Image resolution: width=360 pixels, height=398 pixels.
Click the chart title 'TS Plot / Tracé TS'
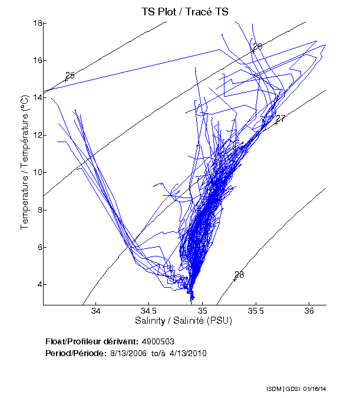[184, 11]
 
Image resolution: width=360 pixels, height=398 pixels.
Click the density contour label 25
[70, 75]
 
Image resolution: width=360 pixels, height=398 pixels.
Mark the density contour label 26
[257, 47]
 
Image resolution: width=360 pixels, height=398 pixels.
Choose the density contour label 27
[280, 119]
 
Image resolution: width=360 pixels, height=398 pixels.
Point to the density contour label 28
[239, 275]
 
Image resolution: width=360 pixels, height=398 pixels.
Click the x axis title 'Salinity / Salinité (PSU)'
[184, 322]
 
